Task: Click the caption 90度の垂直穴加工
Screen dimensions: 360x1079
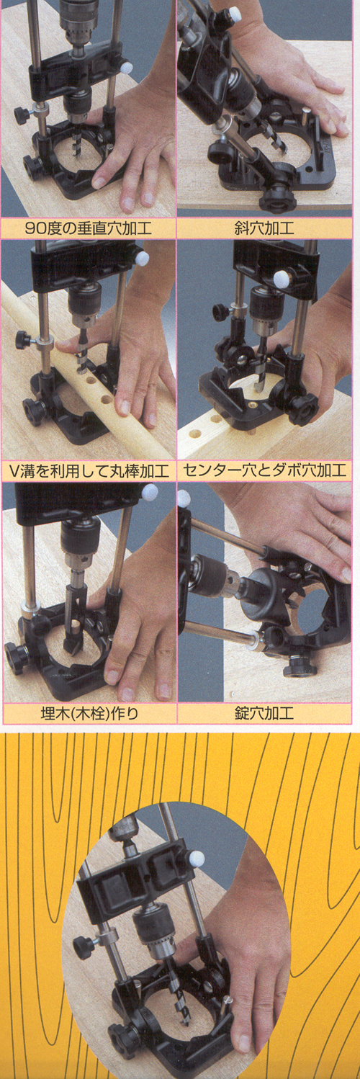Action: point(88,228)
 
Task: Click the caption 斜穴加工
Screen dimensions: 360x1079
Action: point(264,228)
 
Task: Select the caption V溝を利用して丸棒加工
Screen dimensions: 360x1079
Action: point(89,470)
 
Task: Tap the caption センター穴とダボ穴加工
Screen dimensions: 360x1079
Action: point(265,470)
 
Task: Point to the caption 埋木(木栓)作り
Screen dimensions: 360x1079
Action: point(89,713)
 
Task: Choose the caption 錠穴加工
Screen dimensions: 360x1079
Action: point(264,713)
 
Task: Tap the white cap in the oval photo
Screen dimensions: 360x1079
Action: point(197,858)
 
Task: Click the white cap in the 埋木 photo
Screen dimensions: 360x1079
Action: point(150,491)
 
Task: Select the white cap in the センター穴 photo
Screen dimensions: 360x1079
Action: point(280,277)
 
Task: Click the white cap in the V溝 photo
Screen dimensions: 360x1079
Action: point(142,259)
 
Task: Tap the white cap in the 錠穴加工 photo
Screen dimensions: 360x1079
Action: point(184,499)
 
